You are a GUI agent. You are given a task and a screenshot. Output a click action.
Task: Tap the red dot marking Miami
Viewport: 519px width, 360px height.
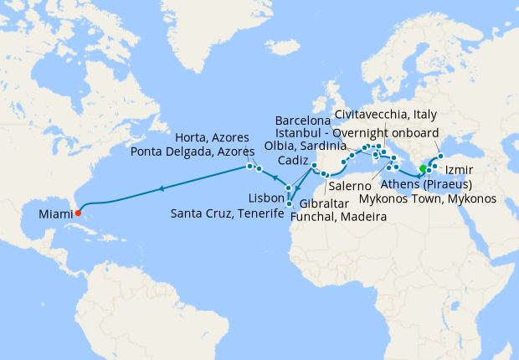tap(78, 211)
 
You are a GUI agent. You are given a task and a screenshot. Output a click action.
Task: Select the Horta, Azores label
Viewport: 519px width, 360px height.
tap(212, 137)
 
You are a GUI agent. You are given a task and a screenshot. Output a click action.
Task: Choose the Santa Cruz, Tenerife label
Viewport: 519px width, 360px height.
tap(226, 213)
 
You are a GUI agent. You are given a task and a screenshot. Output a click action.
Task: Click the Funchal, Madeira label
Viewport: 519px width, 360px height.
tap(339, 217)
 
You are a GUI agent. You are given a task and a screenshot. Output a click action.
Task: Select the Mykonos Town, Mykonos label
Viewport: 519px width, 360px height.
tap(427, 199)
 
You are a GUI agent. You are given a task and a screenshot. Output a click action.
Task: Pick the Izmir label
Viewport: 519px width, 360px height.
tap(471, 171)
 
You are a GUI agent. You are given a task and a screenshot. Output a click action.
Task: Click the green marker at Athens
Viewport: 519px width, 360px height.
tap(423, 170)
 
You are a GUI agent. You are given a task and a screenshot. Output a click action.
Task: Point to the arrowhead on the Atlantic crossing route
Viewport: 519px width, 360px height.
tap(161, 188)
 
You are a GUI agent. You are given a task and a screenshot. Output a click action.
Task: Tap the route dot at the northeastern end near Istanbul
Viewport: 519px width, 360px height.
tap(441, 156)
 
